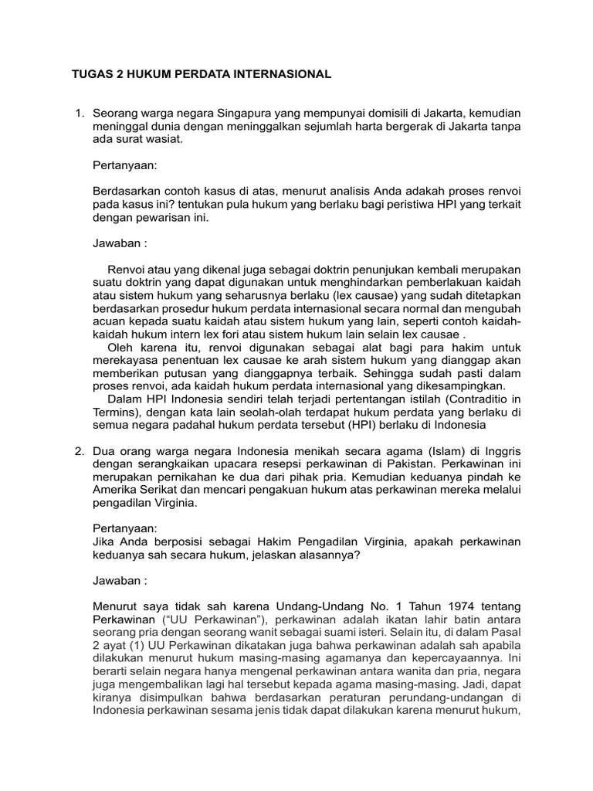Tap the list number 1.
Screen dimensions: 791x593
pos(79,114)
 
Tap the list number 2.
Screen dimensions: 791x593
pos(79,451)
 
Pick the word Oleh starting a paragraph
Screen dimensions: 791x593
pos(121,348)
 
